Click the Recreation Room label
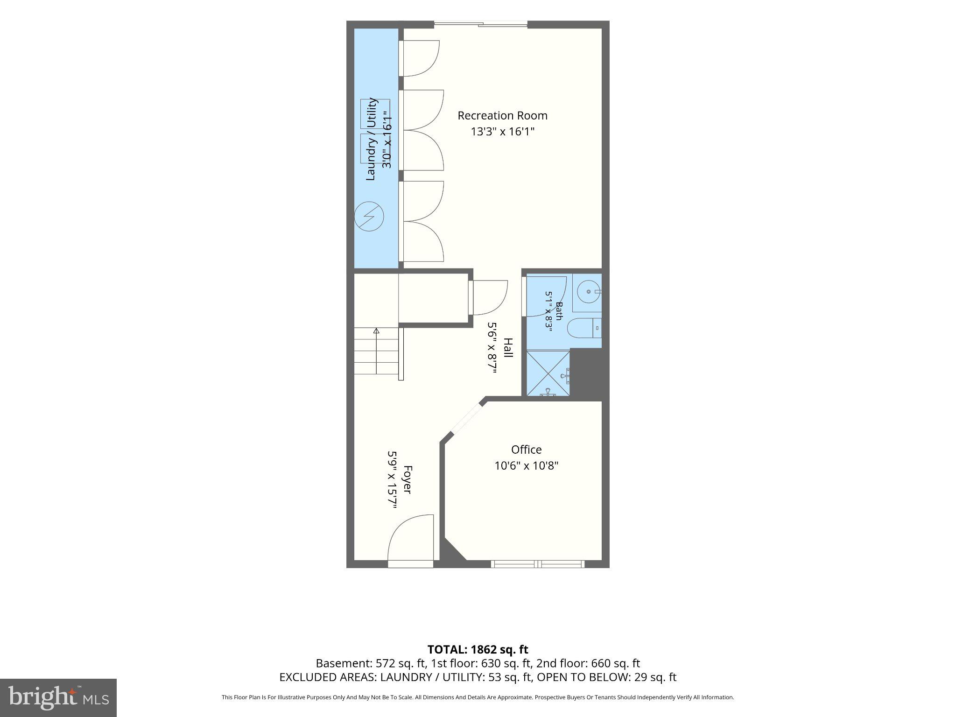502,116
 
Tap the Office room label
526,450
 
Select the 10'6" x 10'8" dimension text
527,465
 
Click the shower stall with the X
548,373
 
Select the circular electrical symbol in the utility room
369,216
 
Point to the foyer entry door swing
411,537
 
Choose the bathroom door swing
546,296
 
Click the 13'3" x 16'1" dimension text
502,132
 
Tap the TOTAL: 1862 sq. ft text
478,649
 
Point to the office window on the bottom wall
538,564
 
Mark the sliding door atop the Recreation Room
481,24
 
